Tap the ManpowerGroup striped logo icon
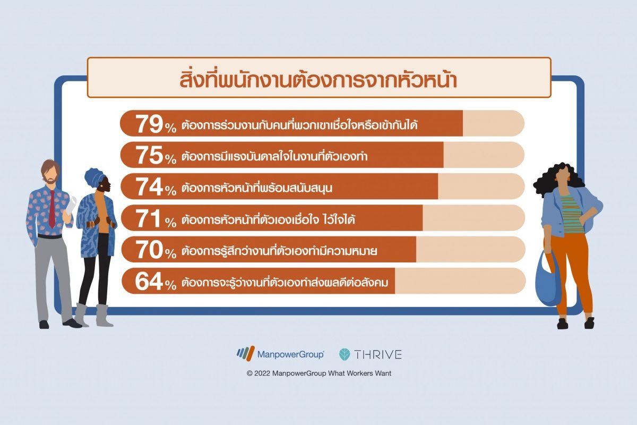pos(245,354)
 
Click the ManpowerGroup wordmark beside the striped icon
pos(291,354)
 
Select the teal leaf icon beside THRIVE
pos(345,354)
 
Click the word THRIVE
pos(378,354)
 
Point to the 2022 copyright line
pos(319,373)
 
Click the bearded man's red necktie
pos(52,209)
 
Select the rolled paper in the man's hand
pos(71,205)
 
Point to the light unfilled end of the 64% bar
pos(460,280)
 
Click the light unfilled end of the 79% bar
pos(493,123)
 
